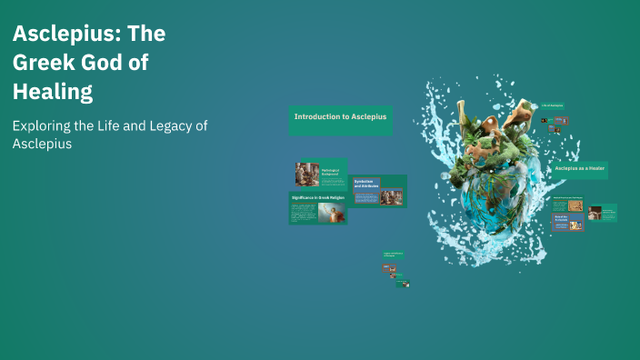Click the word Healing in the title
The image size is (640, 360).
pyautogui.click(x=53, y=92)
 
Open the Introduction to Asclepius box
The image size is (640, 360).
pyautogui.click(x=340, y=118)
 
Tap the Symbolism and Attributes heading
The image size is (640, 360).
pyautogui.click(x=365, y=183)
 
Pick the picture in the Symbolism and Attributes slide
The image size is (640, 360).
pyautogui.click(x=391, y=195)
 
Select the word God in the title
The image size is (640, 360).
pyautogui.click(x=104, y=64)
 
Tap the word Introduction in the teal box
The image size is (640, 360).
pyautogui.click(x=316, y=117)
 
